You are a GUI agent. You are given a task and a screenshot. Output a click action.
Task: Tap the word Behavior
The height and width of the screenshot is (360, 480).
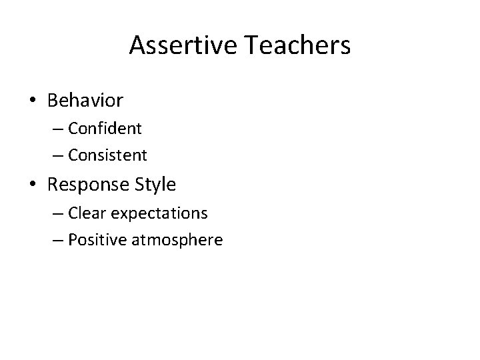pyautogui.click(x=85, y=101)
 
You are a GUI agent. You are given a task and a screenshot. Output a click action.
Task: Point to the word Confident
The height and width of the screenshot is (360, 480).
pyautogui.click(x=105, y=128)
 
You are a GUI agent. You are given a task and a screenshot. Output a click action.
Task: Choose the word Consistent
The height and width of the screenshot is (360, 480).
pyautogui.click(x=107, y=155)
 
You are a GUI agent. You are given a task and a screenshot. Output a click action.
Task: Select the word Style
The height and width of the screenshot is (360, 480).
pyautogui.click(x=157, y=183)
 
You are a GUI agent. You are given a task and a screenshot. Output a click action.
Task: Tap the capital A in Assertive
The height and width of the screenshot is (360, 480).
pyautogui.click(x=137, y=45)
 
